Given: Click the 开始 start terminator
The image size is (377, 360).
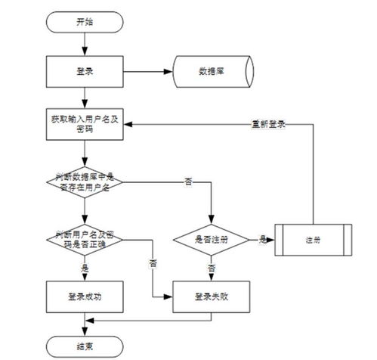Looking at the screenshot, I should point(85,23).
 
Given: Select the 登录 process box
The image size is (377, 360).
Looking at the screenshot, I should point(85,73).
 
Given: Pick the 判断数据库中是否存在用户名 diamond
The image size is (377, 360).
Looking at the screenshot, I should point(85,181).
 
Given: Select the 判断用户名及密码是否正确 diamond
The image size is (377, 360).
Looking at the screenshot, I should point(85,239).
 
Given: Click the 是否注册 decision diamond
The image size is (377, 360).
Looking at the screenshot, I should point(212,239).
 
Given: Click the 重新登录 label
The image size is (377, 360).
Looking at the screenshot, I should point(268,124).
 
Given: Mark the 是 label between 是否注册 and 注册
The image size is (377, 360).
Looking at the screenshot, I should point(262,239).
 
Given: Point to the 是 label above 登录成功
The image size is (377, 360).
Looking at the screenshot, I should point(85,266).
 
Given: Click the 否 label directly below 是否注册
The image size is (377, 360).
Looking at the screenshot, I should point(212,268).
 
